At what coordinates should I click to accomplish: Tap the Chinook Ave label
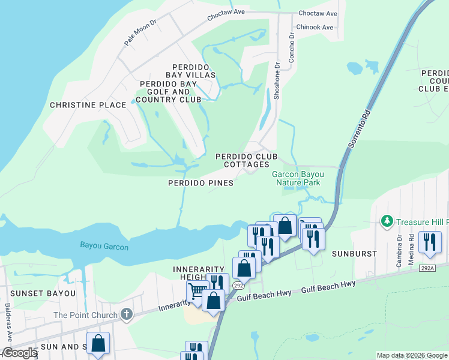click(x=314, y=28)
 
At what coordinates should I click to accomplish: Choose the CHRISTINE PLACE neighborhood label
click(x=88, y=105)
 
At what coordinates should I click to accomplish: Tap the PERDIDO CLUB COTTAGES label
click(x=247, y=160)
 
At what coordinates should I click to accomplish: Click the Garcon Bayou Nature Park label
click(x=296, y=178)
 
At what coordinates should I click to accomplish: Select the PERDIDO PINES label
click(x=200, y=183)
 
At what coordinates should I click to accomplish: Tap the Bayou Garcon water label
click(x=104, y=246)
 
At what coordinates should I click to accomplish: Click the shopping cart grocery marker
click(x=196, y=292)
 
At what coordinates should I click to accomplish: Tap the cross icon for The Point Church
click(x=126, y=314)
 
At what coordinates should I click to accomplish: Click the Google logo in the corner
click(x=19, y=353)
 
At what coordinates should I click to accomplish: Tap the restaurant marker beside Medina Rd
click(x=430, y=241)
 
